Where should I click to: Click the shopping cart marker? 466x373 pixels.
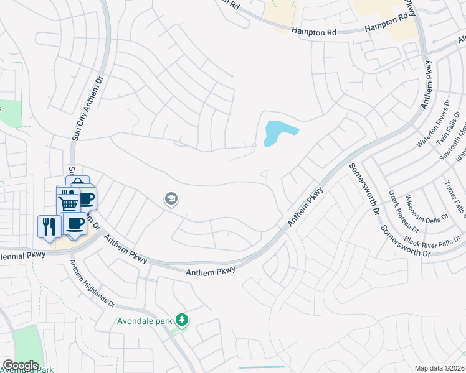pos(68,203)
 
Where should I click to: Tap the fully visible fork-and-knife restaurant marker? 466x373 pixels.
pos(49,225)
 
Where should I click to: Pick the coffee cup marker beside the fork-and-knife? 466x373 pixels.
pos(75,223)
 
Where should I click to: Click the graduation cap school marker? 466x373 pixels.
pos(170,199)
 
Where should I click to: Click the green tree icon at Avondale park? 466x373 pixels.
pos(182,320)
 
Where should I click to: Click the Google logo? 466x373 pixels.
pos(20,366)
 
